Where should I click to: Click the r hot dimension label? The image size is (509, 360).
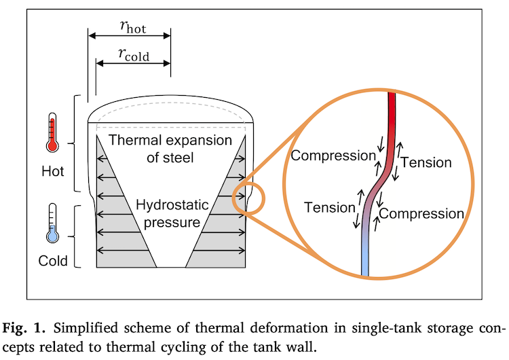click(x=132, y=27)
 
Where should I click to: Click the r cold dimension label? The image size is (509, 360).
click(x=134, y=54)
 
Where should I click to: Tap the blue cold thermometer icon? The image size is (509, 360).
click(x=52, y=225)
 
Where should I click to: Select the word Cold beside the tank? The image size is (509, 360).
click(x=53, y=261)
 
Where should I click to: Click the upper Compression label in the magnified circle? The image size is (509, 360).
click(x=333, y=156)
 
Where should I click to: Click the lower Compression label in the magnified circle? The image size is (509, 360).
click(x=421, y=213)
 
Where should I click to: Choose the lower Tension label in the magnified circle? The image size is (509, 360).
click(x=329, y=206)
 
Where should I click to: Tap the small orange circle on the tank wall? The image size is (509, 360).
click(x=248, y=198)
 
